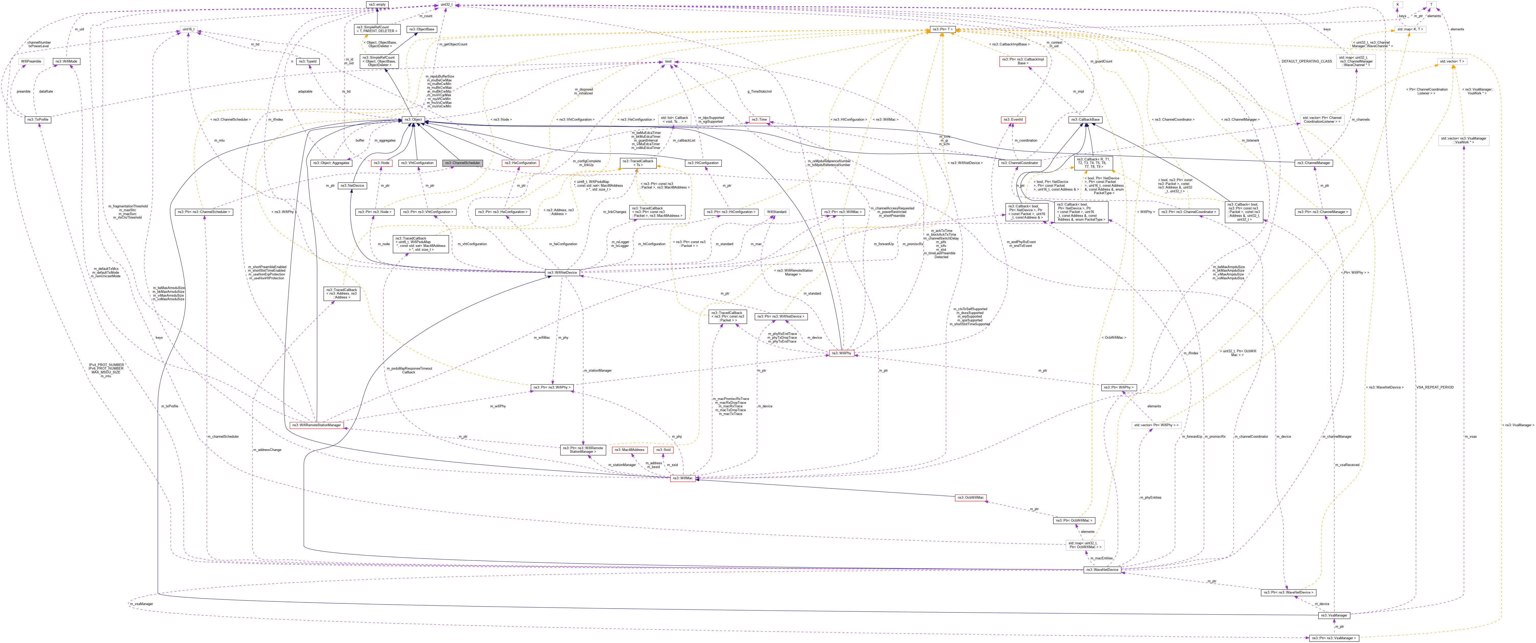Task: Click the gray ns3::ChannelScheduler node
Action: click(x=462, y=163)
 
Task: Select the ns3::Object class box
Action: click(x=413, y=120)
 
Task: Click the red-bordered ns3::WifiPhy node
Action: click(x=841, y=353)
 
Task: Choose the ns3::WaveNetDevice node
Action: click(x=1102, y=570)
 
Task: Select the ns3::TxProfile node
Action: click(x=38, y=120)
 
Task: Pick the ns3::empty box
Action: click(x=377, y=4)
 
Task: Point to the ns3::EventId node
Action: click(x=1013, y=120)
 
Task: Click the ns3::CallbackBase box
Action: click(x=1085, y=120)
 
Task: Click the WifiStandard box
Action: click(x=776, y=211)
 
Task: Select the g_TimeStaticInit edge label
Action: click(x=759, y=91)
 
